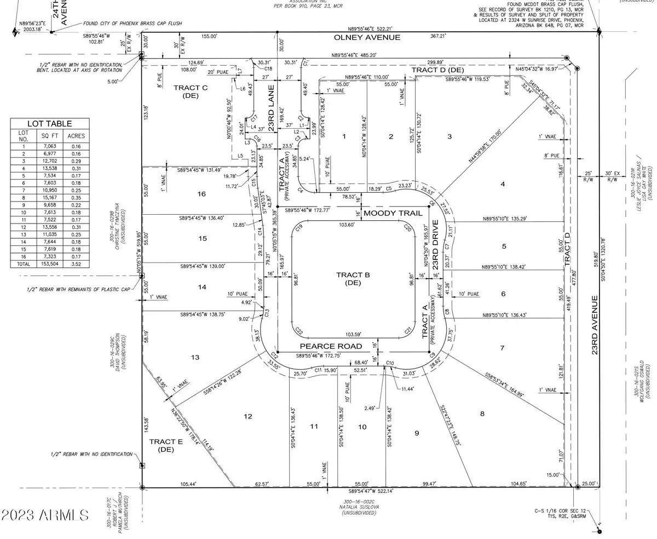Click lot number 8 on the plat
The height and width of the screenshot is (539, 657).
coord(482,414)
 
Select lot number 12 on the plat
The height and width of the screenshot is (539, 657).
coord(248,416)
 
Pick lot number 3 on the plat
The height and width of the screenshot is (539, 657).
coord(449,136)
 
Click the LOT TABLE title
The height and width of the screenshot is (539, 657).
coord(50,124)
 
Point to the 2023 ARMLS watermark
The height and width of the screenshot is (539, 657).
coord(45,515)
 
